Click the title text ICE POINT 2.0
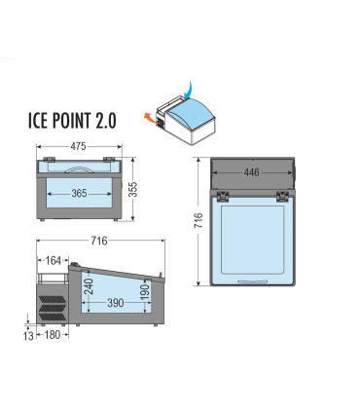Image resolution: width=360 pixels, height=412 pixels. pos(72,121)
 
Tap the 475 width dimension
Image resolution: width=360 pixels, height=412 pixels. pos(79,146)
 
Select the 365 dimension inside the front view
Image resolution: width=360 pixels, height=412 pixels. pos(79,194)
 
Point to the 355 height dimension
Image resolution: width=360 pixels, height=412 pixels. pos(133,189)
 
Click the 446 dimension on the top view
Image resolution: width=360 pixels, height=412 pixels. pos(252,172)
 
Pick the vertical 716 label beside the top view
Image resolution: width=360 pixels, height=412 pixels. pos(198,220)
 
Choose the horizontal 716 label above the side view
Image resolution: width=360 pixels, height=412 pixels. pos(99,241)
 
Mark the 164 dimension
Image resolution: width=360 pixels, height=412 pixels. pos(54,260)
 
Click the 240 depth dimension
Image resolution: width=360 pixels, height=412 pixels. pos(89,286)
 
